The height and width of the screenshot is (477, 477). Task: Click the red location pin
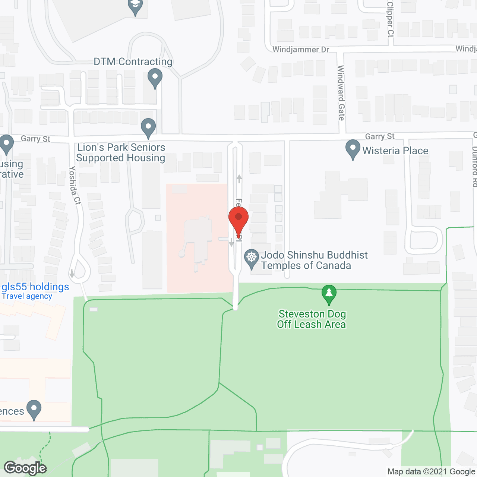[x=238, y=220]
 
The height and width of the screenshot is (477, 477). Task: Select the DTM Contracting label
[x=133, y=61]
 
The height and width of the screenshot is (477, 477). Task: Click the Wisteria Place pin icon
[x=353, y=149]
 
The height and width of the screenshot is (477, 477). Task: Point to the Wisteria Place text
[x=395, y=151]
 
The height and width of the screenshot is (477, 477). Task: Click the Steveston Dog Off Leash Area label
[x=312, y=319]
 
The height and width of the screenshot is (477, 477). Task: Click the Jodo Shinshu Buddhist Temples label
[x=314, y=260]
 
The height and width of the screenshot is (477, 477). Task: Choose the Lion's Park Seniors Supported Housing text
[x=121, y=152]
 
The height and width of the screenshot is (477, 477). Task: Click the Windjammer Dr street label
[x=301, y=50]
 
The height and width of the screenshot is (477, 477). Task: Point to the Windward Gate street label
[x=341, y=93]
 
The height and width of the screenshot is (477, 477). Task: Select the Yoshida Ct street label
[x=75, y=185]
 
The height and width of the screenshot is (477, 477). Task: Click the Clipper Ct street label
[x=390, y=19]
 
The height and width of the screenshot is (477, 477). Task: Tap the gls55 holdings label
[x=35, y=287]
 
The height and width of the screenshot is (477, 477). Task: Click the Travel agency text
[x=27, y=296]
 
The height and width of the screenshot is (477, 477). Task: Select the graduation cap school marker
[x=135, y=6]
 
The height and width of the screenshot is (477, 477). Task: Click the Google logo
[x=25, y=468]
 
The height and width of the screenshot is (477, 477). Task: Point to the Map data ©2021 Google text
[x=432, y=471]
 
